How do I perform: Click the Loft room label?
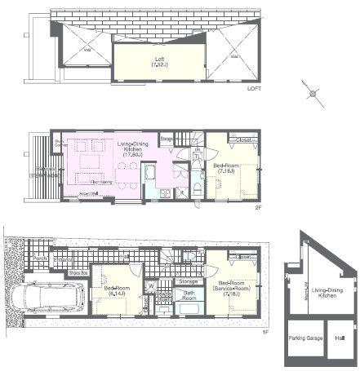tap(159, 61)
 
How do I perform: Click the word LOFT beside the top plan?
tap(256, 89)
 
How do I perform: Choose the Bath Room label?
tap(189, 294)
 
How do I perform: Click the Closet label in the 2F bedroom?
tap(243, 140)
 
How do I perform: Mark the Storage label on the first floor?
tap(187, 281)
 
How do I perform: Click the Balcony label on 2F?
tap(43, 173)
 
